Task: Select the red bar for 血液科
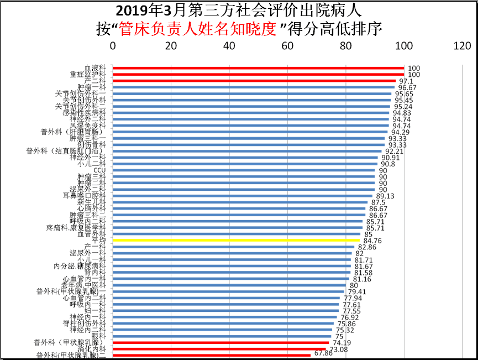click(259, 68)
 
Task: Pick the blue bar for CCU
click(244, 170)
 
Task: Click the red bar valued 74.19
click(221, 343)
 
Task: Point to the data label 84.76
click(373, 241)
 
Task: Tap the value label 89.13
click(385, 196)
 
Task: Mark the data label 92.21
click(395, 151)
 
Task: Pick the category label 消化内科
click(92, 349)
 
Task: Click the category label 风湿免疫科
click(88, 126)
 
